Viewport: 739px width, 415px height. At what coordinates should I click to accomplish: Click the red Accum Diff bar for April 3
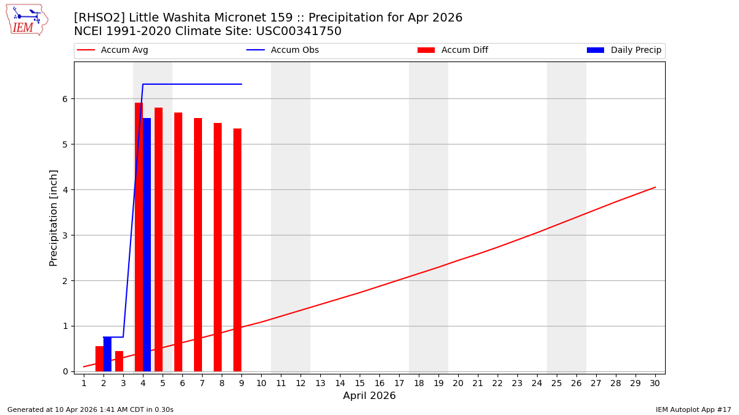point(119,361)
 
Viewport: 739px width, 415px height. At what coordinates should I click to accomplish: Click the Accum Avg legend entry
point(113,50)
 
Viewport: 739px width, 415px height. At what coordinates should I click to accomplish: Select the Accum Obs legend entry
point(283,50)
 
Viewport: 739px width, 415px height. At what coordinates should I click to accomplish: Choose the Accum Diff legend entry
point(453,50)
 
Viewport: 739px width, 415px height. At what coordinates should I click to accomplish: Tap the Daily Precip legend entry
point(624,50)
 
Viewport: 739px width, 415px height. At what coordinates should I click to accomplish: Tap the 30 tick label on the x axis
point(655,384)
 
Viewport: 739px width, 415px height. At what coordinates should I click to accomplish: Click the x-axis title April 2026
point(369,397)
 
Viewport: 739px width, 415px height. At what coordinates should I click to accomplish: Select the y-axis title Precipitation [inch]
point(54,218)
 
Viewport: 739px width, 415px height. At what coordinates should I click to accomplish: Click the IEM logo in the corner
point(26,20)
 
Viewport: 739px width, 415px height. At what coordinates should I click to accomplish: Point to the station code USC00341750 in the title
point(298,31)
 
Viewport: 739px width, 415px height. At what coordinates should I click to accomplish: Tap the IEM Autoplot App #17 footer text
point(693,410)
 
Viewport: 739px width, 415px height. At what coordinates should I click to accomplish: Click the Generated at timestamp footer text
point(91,410)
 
